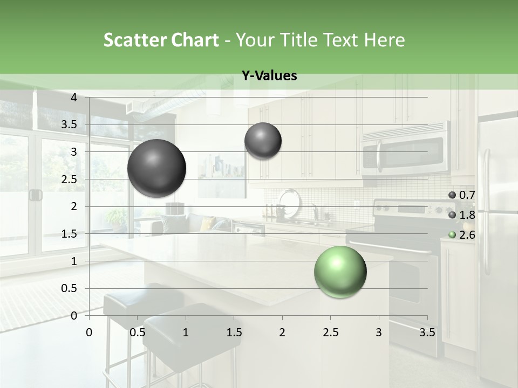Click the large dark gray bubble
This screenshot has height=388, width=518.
coord(157,168)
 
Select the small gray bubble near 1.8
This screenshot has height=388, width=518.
coord(263,141)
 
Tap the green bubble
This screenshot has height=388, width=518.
coord(340,272)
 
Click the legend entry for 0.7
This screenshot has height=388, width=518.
coord(462,195)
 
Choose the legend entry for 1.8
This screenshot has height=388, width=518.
coord(462,215)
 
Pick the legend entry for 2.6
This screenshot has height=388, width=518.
coord(462,235)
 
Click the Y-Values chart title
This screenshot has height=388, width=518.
coord(269,76)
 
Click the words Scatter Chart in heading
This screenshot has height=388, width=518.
coord(161,40)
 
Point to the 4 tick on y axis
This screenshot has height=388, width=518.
coord(74,98)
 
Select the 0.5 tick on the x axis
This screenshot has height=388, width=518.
coord(138,332)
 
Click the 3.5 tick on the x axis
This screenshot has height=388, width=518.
coord(427,332)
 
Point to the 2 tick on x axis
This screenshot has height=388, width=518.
coord(282,332)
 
